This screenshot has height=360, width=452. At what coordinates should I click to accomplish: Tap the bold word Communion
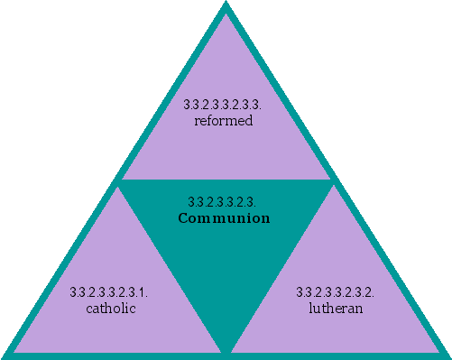coord(225,218)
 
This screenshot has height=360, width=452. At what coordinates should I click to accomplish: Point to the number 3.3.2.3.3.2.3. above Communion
coord(225,202)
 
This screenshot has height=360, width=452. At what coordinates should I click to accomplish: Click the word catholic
coord(110,309)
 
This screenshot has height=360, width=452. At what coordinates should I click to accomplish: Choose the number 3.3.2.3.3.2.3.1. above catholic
coord(109,292)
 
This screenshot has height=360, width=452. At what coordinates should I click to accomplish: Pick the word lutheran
coord(336,309)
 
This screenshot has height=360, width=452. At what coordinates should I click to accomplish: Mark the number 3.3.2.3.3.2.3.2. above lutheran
coord(336,292)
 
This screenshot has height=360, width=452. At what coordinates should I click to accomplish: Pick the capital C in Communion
coord(182,218)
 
